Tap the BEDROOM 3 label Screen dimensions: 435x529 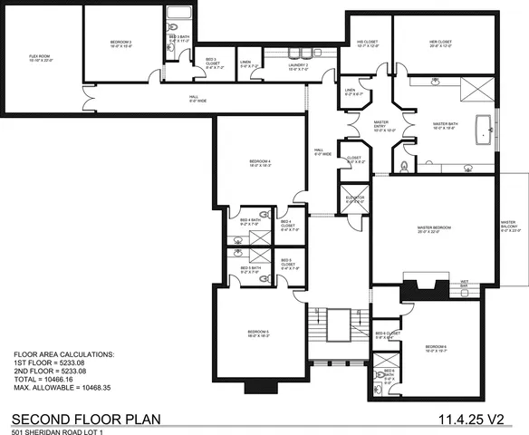pos(120,43)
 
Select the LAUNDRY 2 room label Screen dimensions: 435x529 pos(299,65)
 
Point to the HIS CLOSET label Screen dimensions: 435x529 pos(368,43)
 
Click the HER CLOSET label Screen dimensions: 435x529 pos(441,43)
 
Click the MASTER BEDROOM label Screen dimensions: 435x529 pos(435,229)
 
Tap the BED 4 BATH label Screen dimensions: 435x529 pos(250,221)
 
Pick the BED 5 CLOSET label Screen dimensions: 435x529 pos(290,267)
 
